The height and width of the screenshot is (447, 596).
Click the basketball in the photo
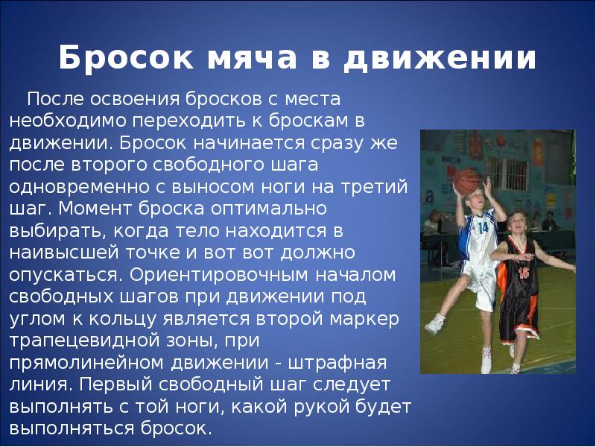pyautogui.click(x=467, y=180)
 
